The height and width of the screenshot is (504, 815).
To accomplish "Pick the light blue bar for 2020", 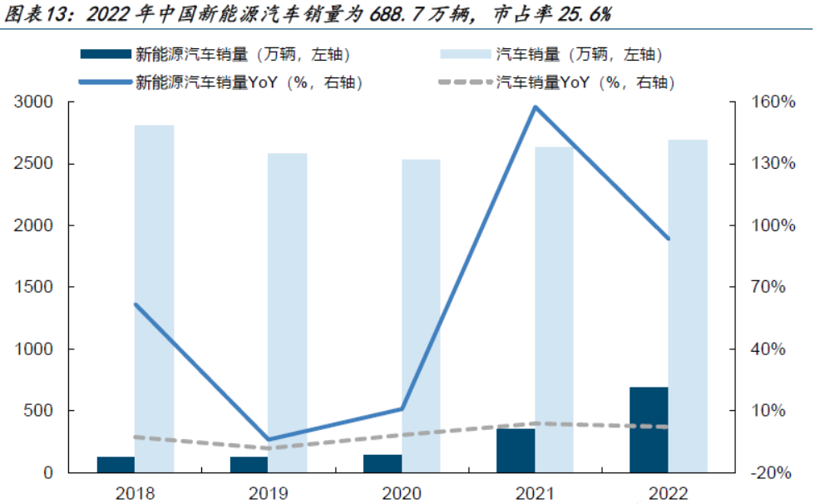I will click(x=422, y=315).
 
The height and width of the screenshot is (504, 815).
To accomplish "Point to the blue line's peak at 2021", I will click(x=535, y=107).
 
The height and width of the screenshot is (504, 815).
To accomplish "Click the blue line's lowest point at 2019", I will click(x=268, y=439).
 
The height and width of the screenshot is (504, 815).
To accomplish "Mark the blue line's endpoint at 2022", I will click(x=668, y=239).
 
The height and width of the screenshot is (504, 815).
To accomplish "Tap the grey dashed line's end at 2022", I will click(x=668, y=427).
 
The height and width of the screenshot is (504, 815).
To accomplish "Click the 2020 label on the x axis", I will click(x=402, y=493).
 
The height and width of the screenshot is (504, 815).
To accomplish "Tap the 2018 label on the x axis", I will click(x=135, y=493).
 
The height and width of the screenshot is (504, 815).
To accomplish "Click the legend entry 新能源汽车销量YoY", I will click(x=249, y=82).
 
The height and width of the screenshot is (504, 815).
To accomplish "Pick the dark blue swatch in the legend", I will click(x=106, y=55).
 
